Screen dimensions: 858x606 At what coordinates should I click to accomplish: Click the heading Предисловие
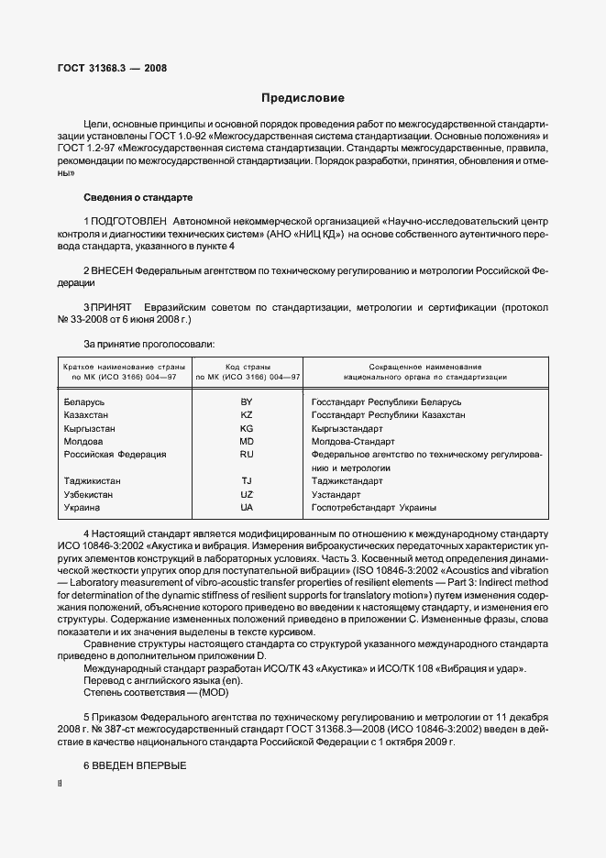[x=303, y=97]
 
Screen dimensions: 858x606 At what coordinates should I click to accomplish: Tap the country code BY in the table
[x=247, y=401]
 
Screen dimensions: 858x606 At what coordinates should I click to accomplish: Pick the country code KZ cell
[x=247, y=414]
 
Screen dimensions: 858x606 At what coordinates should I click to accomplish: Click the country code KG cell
[x=247, y=428]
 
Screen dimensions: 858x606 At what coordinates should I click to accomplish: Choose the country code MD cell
[x=247, y=441]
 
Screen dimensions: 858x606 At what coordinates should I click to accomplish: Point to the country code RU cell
[x=247, y=454]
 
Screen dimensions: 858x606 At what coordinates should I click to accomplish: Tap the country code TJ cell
[x=247, y=480]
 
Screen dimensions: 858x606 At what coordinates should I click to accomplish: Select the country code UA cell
[x=247, y=507]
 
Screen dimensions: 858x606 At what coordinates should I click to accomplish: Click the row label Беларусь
[x=84, y=401]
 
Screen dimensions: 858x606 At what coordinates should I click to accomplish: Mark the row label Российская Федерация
[x=115, y=454]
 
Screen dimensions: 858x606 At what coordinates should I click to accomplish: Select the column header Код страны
[x=247, y=366]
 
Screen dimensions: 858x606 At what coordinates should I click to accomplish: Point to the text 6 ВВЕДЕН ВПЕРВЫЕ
[x=135, y=764]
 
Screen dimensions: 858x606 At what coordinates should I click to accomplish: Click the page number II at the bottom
[x=60, y=785]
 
